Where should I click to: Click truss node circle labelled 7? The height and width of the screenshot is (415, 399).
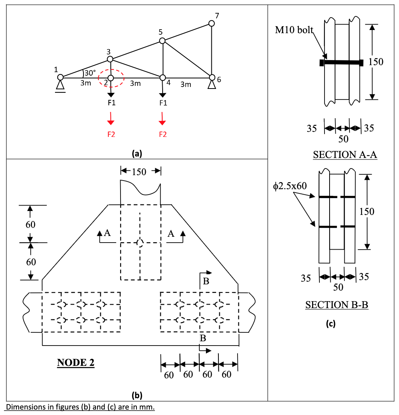[x=211, y=23]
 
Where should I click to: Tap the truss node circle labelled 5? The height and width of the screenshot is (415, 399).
[x=163, y=41]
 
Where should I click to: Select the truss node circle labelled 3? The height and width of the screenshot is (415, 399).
[x=110, y=59]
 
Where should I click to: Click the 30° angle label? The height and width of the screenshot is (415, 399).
[x=90, y=73]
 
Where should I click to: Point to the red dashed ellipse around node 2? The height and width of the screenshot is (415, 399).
[x=111, y=78]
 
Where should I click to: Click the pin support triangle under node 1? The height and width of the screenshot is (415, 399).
[x=60, y=85]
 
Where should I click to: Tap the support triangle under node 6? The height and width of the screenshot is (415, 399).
[x=212, y=85]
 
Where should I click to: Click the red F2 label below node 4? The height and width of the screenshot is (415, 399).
[x=163, y=135]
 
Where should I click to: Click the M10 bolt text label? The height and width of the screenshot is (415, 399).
[x=294, y=30]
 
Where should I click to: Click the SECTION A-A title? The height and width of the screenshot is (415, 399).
[x=345, y=155]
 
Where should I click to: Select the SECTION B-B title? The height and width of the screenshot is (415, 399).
[x=337, y=305]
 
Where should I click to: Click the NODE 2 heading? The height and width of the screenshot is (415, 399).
[x=76, y=362]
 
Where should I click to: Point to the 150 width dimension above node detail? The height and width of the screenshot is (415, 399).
[x=139, y=172]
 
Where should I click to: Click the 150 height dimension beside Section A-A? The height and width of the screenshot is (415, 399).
[x=376, y=62]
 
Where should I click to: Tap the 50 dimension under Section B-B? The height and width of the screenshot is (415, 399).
[x=338, y=287]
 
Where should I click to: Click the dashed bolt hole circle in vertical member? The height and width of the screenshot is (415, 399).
[x=140, y=243]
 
